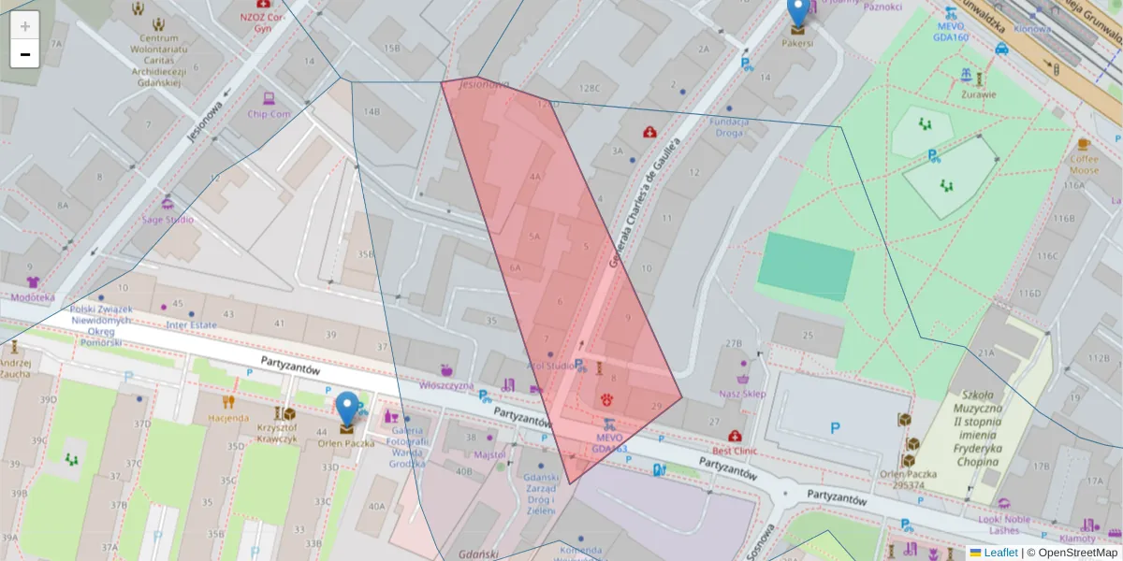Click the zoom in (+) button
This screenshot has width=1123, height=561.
(x=25, y=26)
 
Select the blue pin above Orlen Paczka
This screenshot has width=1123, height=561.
(x=347, y=409)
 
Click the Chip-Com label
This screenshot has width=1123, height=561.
(x=269, y=114)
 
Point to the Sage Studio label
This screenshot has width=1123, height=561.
(x=168, y=220)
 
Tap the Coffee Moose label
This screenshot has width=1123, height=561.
(x=1084, y=165)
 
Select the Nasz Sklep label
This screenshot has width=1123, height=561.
(x=742, y=394)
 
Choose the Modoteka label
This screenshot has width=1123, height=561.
(x=33, y=297)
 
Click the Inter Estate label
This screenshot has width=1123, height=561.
(x=191, y=325)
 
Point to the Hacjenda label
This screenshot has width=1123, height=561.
(x=228, y=418)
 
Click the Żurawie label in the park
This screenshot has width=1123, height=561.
(x=979, y=93)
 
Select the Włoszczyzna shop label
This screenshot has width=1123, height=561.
(x=446, y=385)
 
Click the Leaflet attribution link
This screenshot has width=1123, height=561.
(x=999, y=553)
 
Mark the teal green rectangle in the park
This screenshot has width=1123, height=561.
(x=806, y=266)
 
